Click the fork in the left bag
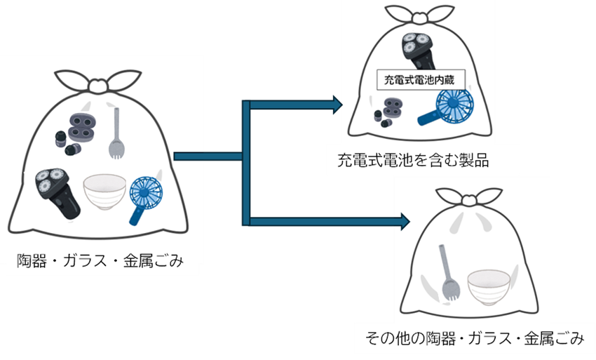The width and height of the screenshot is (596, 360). (116, 133)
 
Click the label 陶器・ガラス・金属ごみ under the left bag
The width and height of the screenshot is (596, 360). (100, 262)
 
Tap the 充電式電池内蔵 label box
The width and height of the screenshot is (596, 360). (416, 79)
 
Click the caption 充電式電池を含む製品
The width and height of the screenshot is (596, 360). (412, 161)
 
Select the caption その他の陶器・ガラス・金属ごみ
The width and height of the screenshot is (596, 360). (475, 339)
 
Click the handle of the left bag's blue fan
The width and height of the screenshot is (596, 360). (135, 213)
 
